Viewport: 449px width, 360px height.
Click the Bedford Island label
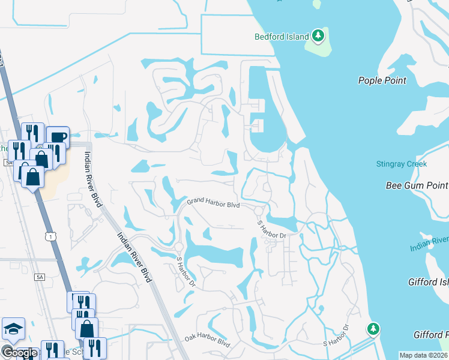(x=281, y=37)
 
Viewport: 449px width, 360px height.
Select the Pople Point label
(x=382, y=80)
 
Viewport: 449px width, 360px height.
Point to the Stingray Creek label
(x=401, y=164)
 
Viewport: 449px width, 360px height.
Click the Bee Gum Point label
(x=417, y=185)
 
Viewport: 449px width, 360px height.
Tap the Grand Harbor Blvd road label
(x=213, y=205)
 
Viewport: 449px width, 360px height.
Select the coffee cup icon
(x=58, y=137)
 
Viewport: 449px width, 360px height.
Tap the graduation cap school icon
(x=13, y=329)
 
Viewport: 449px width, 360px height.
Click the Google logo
(x=19, y=353)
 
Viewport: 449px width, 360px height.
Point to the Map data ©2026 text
(x=424, y=355)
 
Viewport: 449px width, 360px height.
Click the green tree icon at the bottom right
(x=373, y=328)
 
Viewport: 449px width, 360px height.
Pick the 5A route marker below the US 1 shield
(x=40, y=277)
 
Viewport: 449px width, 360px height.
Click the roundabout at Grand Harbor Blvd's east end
(x=259, y=210)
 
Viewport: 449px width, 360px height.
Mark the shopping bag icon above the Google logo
(x=87, y=328)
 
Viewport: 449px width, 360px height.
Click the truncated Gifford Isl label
(x=429, y=281)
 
